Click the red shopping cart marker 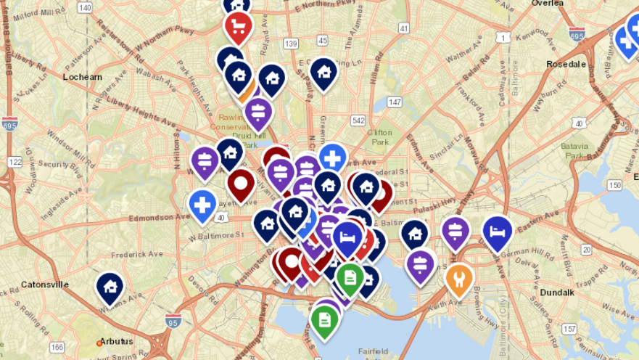click(238, 27)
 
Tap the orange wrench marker click(459, 277)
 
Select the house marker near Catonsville click(110, 287)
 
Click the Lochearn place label click(82, 76)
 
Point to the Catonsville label click(45, 284)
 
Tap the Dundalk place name click(557, 292)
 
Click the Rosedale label click(566, 64)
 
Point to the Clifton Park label click(379, 136)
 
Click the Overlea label click(547, 3)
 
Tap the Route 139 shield click(292, 44)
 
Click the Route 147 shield click(395, 102)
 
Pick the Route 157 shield click(569, 330)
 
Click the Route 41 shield click(403, 28)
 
